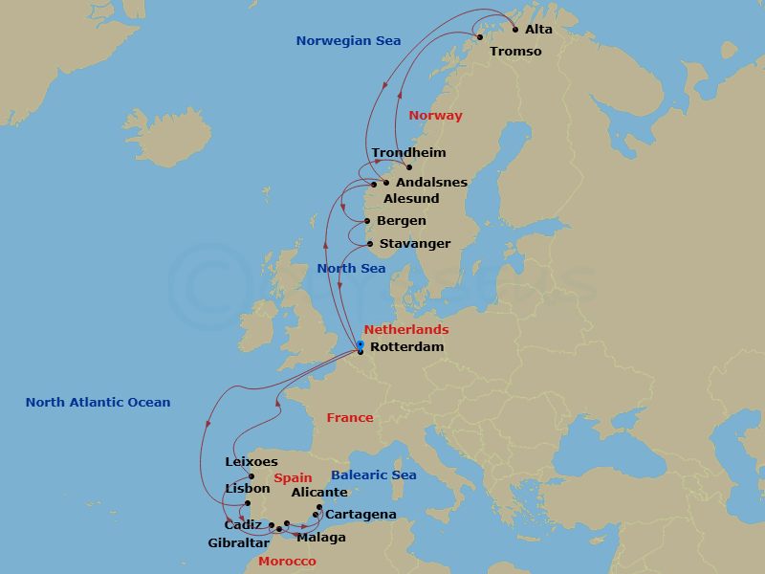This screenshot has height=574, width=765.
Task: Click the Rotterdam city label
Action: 406,346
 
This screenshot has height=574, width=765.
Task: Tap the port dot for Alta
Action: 515,29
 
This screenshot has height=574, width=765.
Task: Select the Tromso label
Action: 515,51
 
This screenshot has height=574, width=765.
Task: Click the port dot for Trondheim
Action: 408,167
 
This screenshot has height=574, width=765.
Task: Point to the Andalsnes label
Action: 431,182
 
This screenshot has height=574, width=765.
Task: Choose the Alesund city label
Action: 411,198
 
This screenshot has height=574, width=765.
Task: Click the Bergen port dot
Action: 367,222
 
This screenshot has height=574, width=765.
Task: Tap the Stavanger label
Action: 415,243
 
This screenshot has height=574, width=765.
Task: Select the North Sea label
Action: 352,268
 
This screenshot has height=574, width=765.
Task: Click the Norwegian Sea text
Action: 348,40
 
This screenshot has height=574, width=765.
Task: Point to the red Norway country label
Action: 435,115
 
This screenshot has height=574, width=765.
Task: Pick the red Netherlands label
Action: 406,329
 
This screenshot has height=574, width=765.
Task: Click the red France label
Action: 350,417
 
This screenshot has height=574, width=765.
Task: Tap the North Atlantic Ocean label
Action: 98,402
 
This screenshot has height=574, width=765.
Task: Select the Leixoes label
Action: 251,461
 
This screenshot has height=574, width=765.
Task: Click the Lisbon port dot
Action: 247,503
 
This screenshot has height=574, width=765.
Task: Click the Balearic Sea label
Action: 374,475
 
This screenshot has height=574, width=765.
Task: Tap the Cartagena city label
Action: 361,515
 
